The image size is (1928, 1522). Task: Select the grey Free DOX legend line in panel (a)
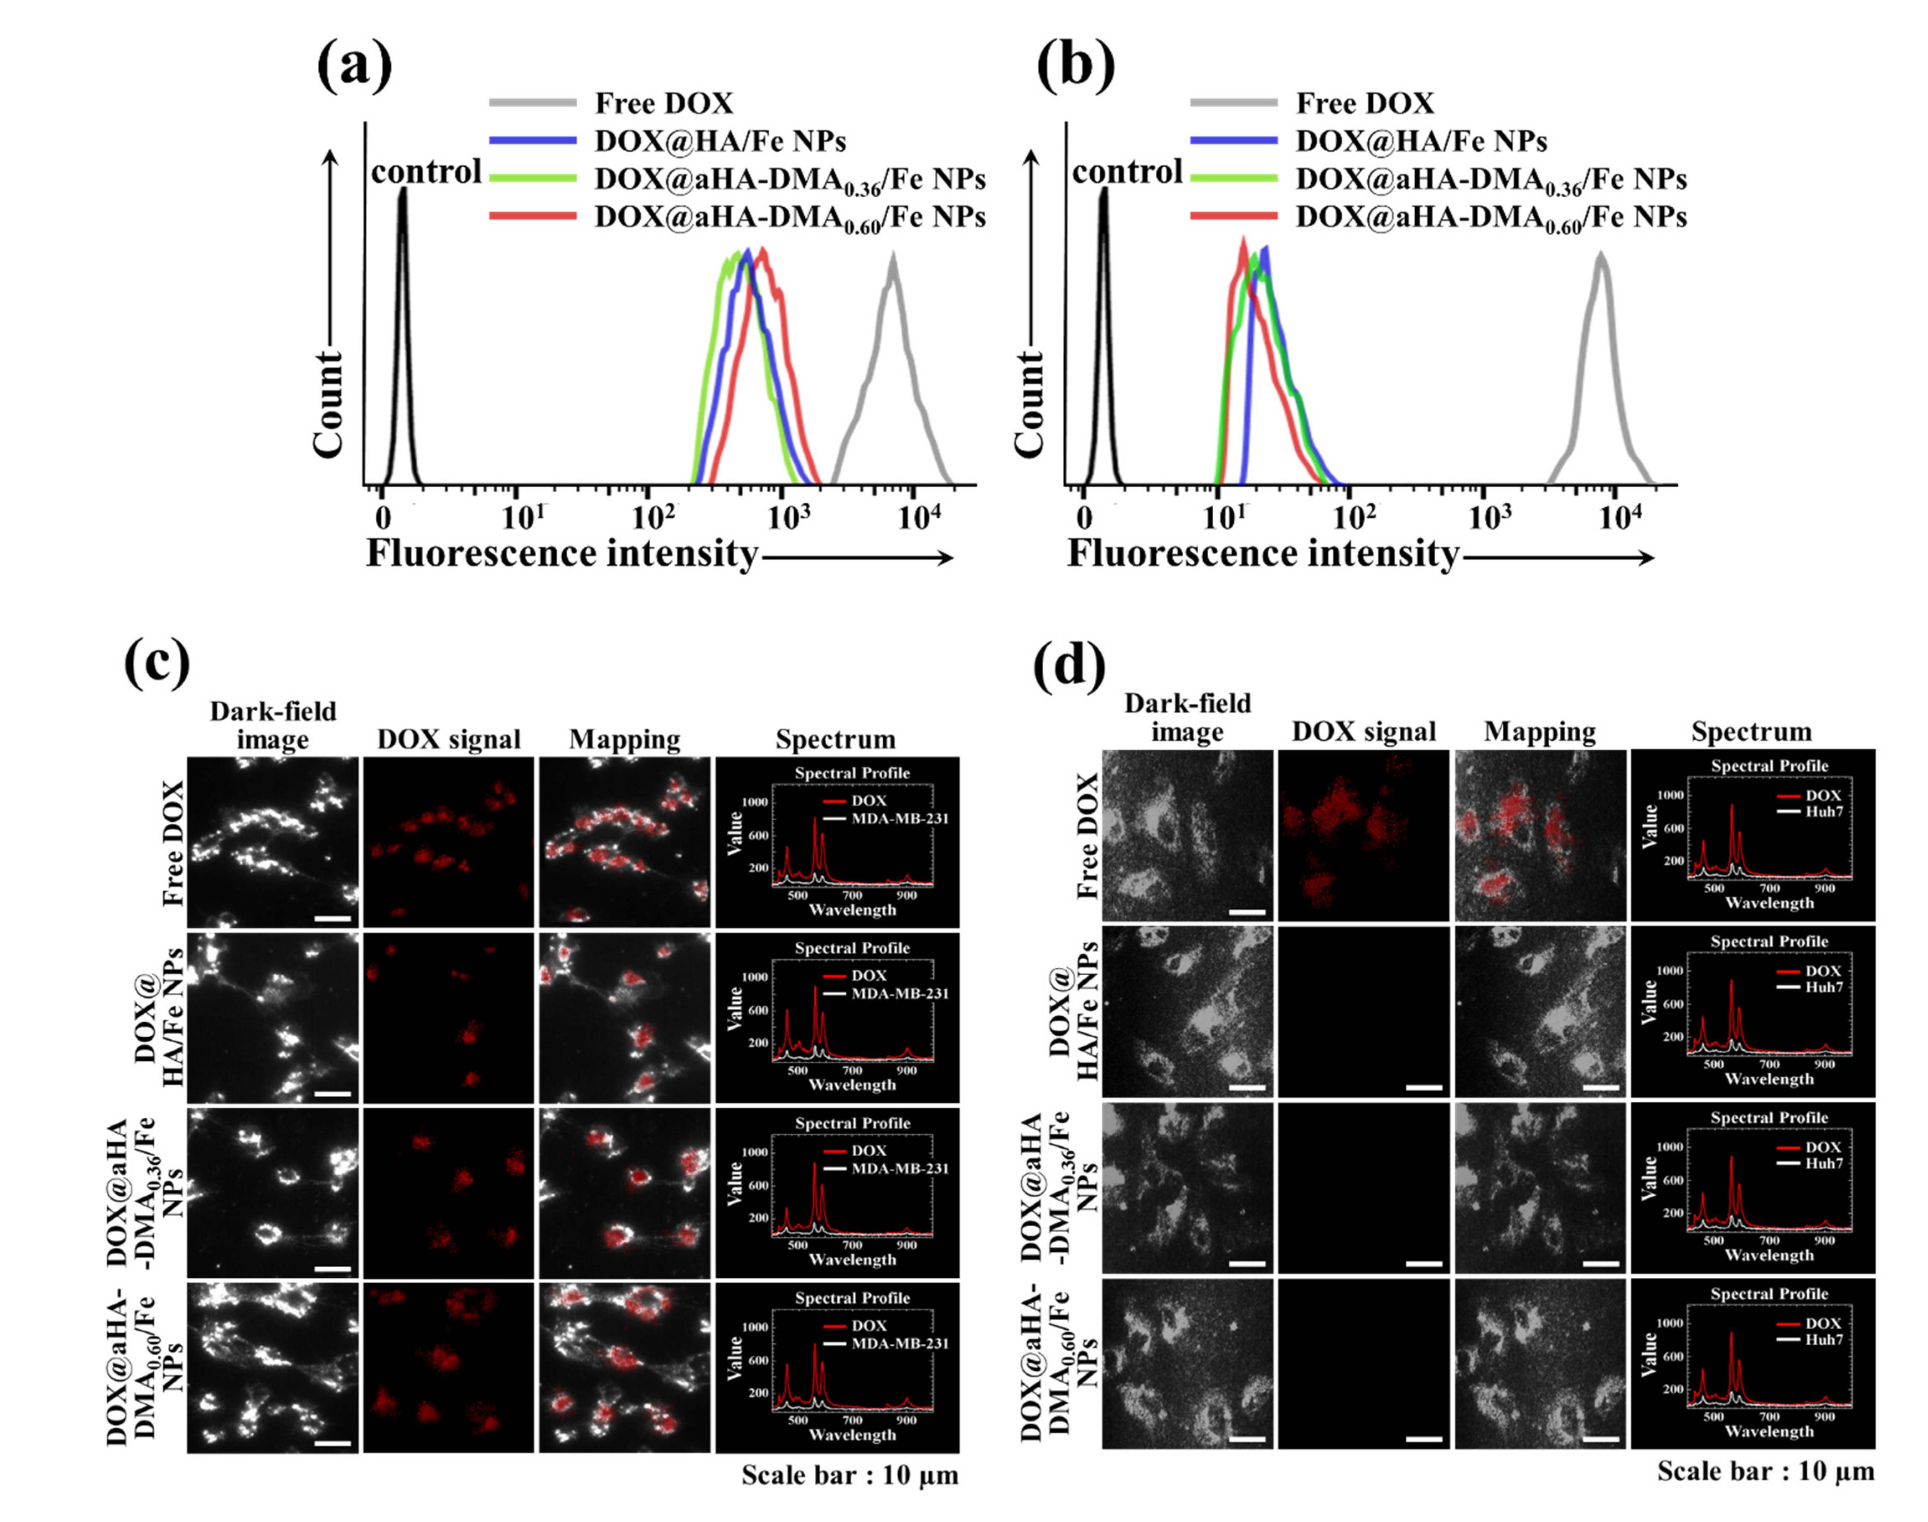coord(532,103)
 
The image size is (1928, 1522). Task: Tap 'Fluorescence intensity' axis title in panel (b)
coord(1262,554)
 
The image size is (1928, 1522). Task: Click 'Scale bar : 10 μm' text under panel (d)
coord(1765,1471)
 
